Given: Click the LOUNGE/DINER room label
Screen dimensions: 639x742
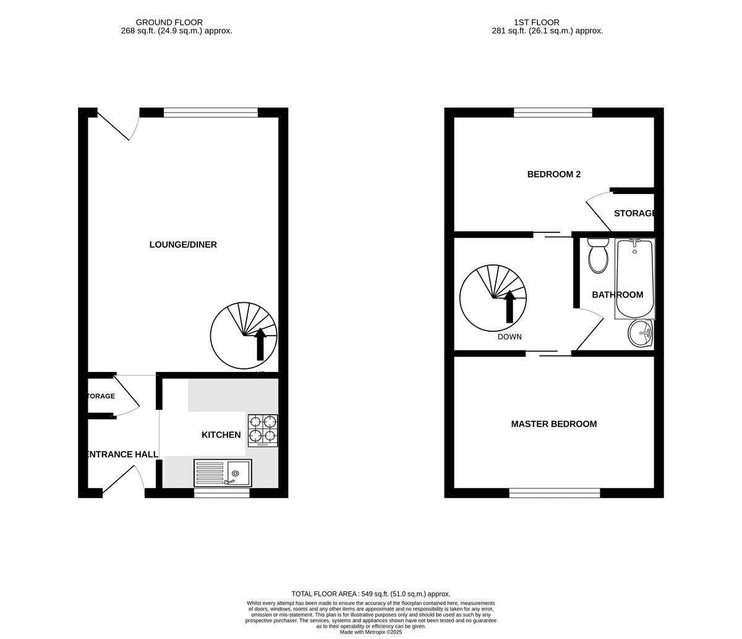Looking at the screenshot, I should click(x=183, y=245).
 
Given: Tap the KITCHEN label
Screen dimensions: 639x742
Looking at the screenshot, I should click(x=221, y=435).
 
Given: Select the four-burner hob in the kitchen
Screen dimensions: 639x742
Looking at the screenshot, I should click(x=263, y=430).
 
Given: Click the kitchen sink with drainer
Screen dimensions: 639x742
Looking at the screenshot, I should click(x=223, y=473).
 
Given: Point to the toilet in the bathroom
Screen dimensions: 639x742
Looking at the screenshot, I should click(x=598, y=256).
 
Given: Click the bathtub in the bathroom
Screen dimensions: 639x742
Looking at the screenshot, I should click(x=634, y=278).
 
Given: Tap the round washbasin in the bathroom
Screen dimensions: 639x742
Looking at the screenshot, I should click(x=640, y=334).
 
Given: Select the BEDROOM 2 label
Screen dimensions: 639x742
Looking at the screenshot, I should click(x=553, y=174).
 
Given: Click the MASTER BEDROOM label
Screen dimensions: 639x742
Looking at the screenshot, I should click(x=553, y=424).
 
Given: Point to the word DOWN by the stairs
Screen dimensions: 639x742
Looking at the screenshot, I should click(x=510, y=337).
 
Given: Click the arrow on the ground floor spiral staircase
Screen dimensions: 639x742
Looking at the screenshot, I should click(x=260, y=344).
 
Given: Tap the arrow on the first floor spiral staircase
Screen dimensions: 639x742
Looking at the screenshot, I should click(x=510, y=307).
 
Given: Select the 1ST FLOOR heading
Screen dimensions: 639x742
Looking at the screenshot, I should click(x=536, y=22).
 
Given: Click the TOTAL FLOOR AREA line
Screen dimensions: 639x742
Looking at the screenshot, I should click(x=371, y=594).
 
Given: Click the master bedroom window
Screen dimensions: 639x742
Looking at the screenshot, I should click(x=555, y=493).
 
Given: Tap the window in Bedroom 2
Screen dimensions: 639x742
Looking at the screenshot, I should click(x=553, y=112).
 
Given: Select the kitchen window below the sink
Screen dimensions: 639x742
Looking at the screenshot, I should click(x=221, y=493).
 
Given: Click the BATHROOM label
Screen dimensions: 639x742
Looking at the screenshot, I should click(x=617, y=295).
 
